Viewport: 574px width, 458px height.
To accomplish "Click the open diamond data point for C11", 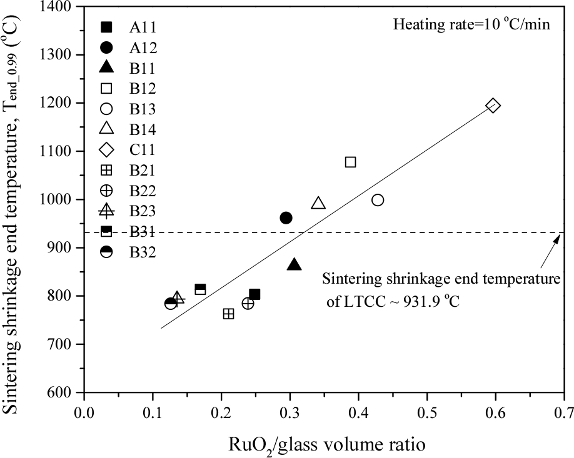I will [493, 106].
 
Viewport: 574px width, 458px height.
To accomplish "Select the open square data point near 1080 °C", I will [351, 162].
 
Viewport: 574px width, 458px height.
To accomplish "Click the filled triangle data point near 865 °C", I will [295, 265].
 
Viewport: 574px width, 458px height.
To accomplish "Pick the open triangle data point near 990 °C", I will [318, 204].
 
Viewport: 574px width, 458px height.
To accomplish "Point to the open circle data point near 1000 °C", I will [378, 200].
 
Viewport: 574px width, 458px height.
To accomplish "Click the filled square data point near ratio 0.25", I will [254, 294].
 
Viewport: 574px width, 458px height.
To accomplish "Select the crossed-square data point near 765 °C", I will [229, 314].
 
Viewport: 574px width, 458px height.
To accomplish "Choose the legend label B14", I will [143, 130].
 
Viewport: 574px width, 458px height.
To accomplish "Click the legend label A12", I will [143, 47].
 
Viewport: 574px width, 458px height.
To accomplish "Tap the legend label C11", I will [143, 151].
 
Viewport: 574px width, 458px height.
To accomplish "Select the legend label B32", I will [143, 254].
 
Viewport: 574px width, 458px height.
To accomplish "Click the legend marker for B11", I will [107, 68].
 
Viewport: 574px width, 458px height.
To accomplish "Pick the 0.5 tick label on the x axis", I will [427, 414].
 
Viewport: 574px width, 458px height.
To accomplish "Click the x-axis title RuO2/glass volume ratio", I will [324, 444].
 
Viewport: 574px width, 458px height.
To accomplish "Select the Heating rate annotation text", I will [471, 26].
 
